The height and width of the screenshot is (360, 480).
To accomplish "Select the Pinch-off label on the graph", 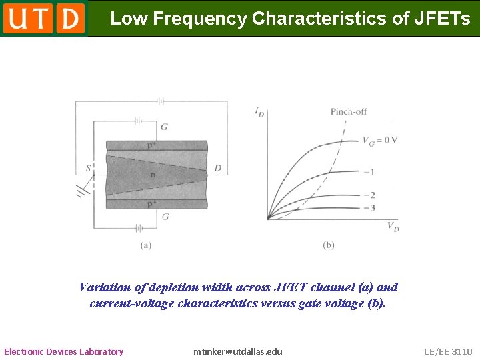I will click(349, 111).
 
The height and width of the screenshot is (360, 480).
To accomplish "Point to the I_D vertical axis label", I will click(259, 111).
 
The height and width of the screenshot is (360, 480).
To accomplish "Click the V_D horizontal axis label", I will click(393, 226).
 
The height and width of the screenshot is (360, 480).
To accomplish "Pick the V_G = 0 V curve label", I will click(380, 140).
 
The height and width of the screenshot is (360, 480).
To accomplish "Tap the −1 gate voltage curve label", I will click(368, 172).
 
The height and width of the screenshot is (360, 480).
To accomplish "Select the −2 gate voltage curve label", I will click(368, 195).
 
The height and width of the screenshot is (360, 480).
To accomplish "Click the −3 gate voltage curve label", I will click(368, 208).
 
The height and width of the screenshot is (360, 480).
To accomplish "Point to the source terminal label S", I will click(88, 168).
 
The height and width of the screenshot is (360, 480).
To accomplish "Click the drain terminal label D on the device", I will click(217, 168).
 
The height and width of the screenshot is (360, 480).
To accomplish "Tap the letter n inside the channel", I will click(153, 175).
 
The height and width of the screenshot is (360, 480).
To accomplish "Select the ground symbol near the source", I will click(83, 191).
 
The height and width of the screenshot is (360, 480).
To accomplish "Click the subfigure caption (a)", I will click(145, 245).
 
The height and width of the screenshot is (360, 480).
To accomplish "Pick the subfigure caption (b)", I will click(328, 245).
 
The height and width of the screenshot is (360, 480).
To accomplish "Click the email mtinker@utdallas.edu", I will click(237, 351).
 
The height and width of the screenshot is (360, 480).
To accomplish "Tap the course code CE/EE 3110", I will click(448, 351).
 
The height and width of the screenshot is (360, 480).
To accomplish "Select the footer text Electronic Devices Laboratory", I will click(64, 351).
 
